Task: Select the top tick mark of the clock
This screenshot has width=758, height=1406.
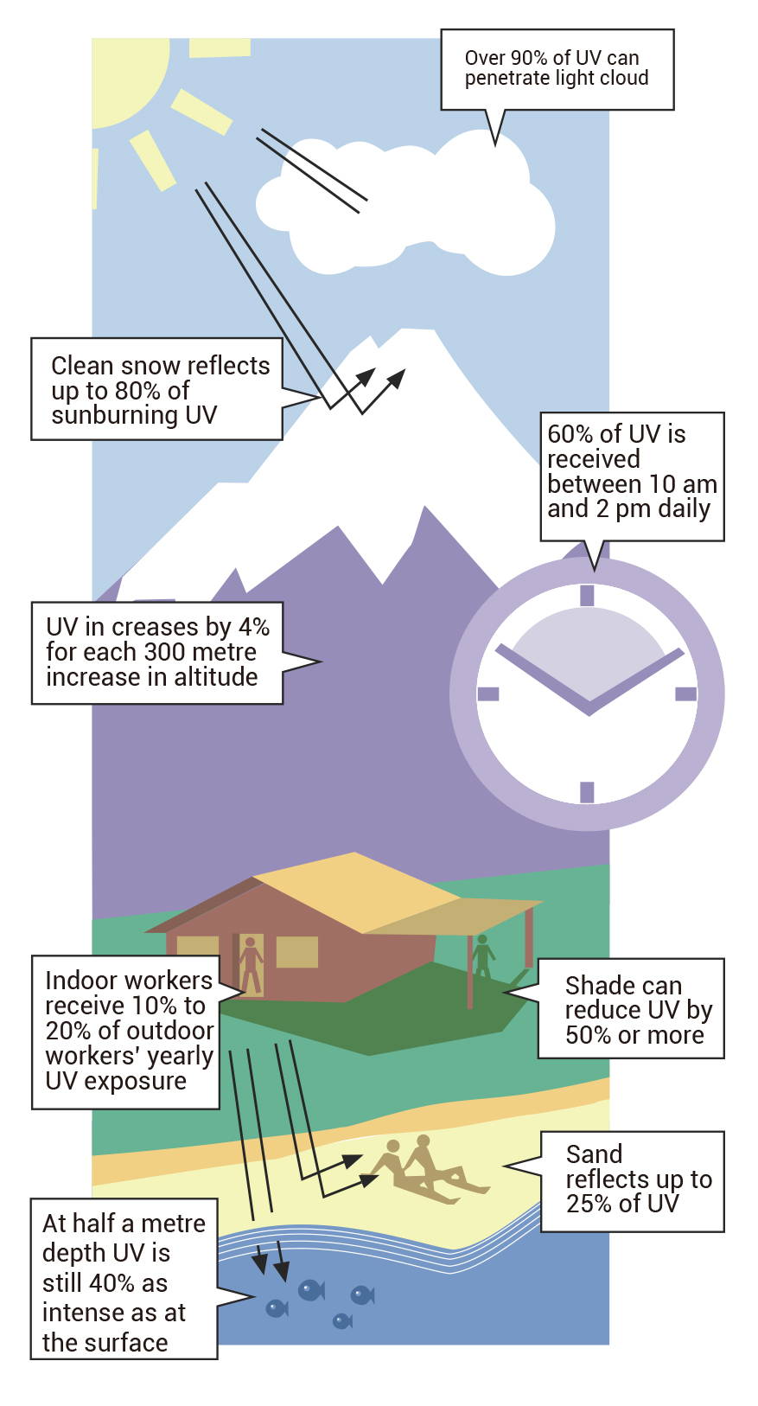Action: coord(587,595)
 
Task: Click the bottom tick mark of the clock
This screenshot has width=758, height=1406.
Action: coord(587,792)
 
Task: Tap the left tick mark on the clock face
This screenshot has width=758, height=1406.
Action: coord(488,693)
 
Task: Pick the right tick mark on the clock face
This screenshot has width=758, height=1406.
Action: coord(686,693)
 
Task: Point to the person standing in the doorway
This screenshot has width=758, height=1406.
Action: coord(251,965)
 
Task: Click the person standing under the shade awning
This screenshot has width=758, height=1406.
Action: coord(482,956)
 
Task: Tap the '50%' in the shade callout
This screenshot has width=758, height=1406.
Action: coord(589,1035)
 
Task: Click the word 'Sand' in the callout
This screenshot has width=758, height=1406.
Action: coord(594,1154)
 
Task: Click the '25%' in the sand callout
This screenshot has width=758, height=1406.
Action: coord(589,1204)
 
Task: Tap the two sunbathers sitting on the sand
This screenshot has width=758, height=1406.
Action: coord(428,1169)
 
